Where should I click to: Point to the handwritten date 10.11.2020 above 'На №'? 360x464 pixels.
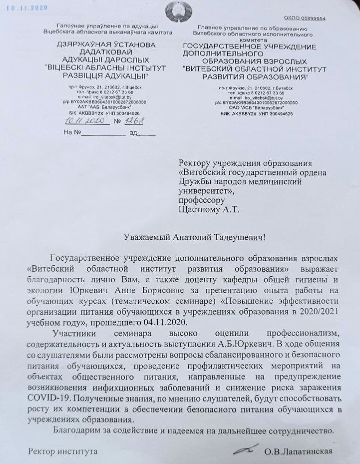[84, 121]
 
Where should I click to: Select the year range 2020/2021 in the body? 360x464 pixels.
[316, 312]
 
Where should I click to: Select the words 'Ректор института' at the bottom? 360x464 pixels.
[63, 452]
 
